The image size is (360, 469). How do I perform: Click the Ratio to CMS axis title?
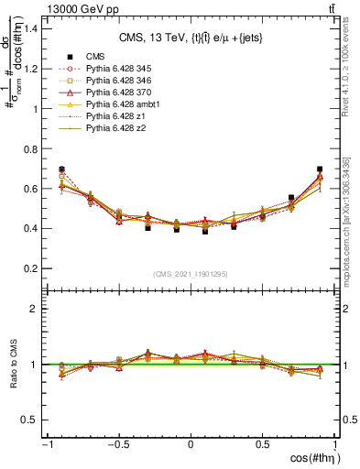click(x=15, y=365)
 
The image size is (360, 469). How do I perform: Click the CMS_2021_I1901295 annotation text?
click(x=191, y=274)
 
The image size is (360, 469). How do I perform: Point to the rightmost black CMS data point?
click(x=319, y=169)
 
